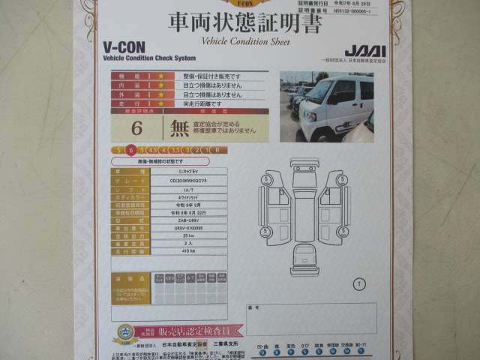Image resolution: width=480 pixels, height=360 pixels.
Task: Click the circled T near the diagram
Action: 358,283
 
